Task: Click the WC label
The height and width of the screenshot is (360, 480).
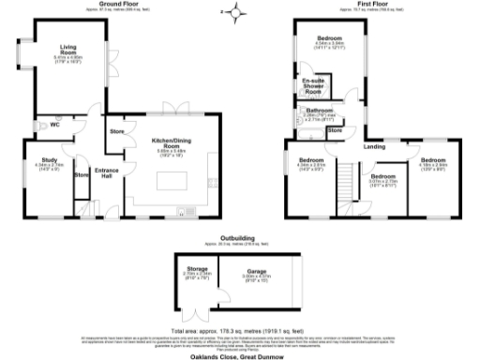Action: [55, 124]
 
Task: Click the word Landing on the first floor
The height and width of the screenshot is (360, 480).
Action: [374, 147]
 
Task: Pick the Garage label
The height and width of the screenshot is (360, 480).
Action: [257, 273]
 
